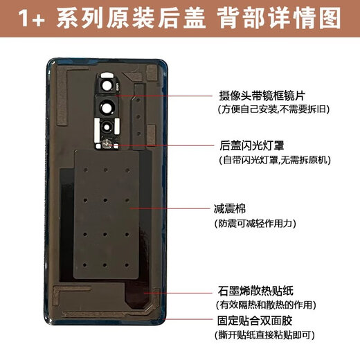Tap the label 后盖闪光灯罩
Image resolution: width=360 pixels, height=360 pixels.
pos(246,145)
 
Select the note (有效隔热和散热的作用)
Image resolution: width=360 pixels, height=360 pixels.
pos(267,305)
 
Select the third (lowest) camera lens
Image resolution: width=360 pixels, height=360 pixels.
pos(109,129)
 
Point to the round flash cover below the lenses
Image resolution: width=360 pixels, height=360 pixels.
pos(109,144)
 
